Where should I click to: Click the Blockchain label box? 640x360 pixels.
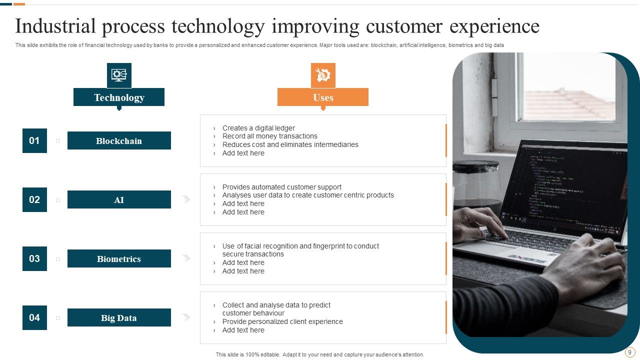click(x=119, y=140)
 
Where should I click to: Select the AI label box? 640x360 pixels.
click(x=119, y=199)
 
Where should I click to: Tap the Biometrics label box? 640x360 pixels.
click(x=119, y=258)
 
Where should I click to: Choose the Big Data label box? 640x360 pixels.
click(x=119, y=317)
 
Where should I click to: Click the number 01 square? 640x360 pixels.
click(x=34, y=140)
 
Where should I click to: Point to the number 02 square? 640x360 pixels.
click(x=34, y=199)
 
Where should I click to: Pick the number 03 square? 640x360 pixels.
click(x=34, y=258)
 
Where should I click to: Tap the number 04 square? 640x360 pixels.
click(x=34, y=317)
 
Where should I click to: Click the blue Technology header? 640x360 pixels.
click(x=119, y=97)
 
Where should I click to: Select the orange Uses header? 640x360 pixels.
click(x=323, y=97)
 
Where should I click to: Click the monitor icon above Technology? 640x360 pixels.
click(x=119, y=75)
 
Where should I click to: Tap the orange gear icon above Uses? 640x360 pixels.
click(x=323, y=75)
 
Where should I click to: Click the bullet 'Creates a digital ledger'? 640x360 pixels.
click(x=258, y=128)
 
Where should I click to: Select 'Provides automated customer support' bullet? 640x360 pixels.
click(x=282, y=187)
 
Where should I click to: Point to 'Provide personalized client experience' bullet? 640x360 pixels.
click(x=282, y=321)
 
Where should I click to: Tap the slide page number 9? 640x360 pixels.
click(x=629, y=352)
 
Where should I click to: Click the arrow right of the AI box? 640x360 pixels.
click(x=186, y=199)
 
